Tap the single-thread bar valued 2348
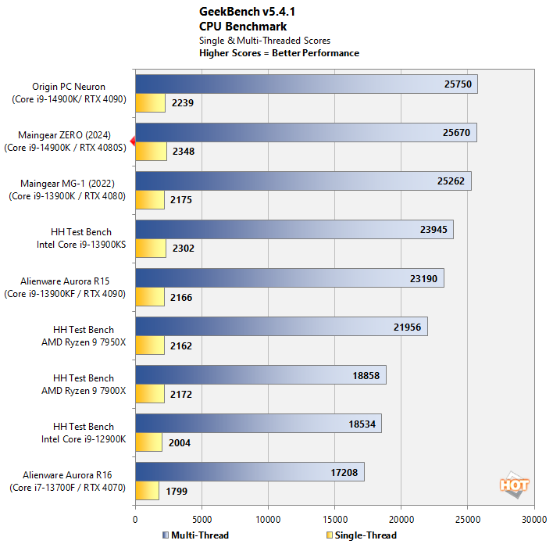151,151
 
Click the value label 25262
451,181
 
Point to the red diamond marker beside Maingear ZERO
133,141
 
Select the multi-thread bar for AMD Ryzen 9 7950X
281,327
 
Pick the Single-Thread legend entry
361,535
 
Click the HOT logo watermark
514,485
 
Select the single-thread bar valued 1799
147,491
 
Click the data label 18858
366,375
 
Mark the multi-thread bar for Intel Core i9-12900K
259,424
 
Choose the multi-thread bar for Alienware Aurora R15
290,278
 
